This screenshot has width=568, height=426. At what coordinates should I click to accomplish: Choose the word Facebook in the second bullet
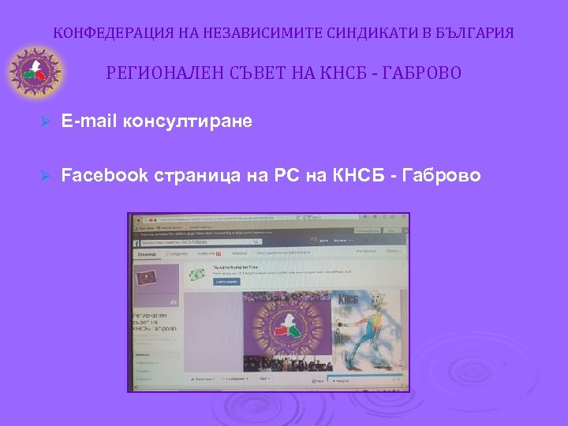[x=104, y=174]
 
